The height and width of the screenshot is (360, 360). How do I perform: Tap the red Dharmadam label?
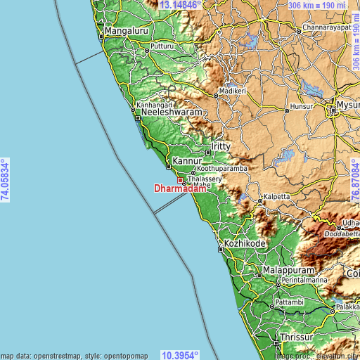[181, 188]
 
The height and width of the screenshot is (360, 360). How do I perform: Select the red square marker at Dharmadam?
[180, 181]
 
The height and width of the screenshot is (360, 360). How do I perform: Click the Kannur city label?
[187, 160]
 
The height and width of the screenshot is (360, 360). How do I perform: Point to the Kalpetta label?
[276, 198]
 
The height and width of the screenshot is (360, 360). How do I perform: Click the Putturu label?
[162, 45]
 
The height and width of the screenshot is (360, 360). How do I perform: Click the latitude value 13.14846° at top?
[180, 5]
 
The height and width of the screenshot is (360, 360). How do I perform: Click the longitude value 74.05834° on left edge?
[6, 180]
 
